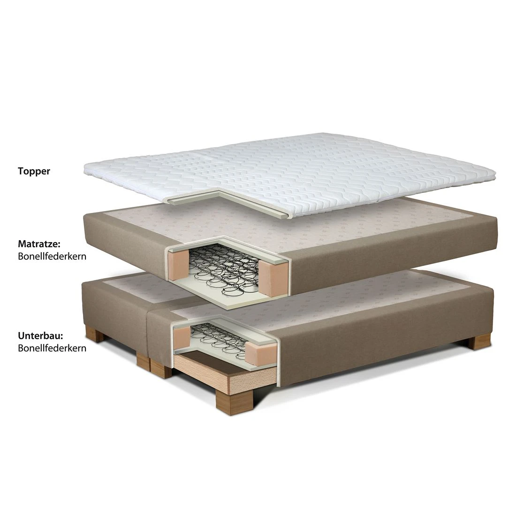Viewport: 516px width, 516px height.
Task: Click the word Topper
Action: (34, 171)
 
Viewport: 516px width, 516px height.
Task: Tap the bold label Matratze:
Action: (39, 244)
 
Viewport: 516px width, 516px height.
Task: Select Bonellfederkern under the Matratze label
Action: (52, 256)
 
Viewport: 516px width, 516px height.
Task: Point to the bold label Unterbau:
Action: (40, 336)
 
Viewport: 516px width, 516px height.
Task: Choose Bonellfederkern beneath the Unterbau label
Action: (52, 348)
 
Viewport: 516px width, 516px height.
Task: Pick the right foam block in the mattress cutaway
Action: (273, 278)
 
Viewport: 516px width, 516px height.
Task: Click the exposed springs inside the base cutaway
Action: (219, 339)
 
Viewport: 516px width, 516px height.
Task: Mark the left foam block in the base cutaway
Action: (182, 337)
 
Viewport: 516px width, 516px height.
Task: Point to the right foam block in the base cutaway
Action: (261, 354)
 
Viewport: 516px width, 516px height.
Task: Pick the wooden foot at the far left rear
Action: (94, 334)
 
